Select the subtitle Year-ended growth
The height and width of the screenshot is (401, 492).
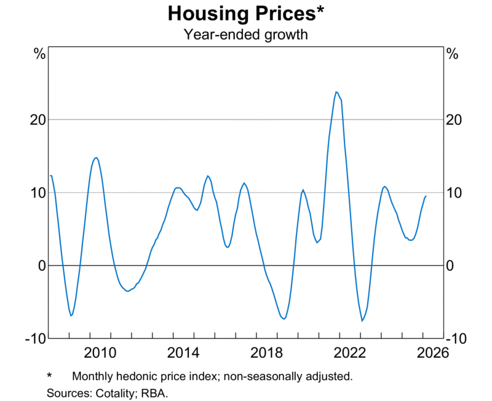(245, 34)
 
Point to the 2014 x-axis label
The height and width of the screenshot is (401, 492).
(183, 353)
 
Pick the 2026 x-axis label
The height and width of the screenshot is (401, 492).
(432, 353)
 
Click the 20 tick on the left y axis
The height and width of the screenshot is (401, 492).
(39, 119)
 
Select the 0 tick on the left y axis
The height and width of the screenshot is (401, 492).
(42, 265)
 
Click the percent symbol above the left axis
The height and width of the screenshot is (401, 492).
(40, 54)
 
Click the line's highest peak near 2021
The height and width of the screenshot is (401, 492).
(336, 92)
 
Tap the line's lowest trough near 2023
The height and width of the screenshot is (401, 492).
(362, 321)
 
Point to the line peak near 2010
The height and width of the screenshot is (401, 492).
(96, 157)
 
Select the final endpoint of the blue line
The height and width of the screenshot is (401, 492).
(426, 196)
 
